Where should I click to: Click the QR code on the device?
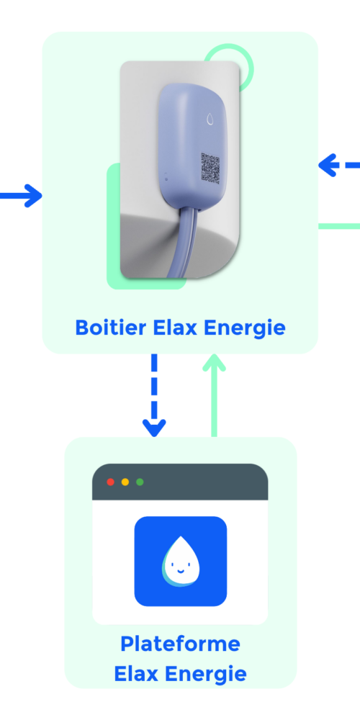(210, 168)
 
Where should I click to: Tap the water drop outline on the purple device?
(210, 119)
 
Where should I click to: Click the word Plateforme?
(180, 644)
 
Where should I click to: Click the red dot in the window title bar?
(111, 482)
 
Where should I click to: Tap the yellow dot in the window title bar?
(125, 482)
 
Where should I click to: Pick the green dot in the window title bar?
(140, 482)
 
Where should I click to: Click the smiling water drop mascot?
(180, 561)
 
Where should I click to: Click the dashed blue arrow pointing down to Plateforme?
(154, 395)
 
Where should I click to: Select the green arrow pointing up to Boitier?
(214, 395)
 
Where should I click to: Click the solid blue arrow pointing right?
(21, 196)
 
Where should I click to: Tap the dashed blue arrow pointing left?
(339, 165)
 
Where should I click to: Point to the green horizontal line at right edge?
(339, 226)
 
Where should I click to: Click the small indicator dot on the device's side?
(166, 175)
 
